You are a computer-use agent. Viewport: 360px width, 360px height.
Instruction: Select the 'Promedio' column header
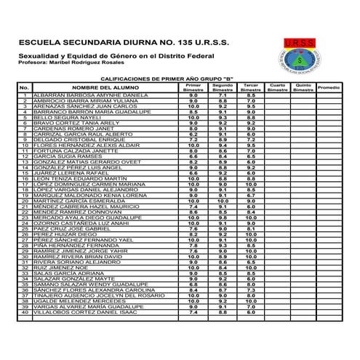pos(328,107)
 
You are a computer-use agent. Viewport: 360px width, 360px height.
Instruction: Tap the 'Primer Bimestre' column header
pos(193,107)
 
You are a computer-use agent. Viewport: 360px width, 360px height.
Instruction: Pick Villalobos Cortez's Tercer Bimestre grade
pos(250,312)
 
